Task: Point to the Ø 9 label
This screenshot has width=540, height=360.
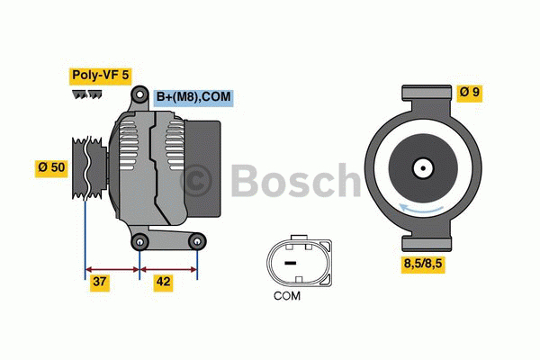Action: click(x=469, y=92)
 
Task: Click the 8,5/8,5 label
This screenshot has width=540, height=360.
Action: click(x=426, y=264)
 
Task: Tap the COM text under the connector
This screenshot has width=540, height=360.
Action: click(x=287, y=295)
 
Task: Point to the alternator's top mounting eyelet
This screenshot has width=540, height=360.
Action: click(x=139, y=95)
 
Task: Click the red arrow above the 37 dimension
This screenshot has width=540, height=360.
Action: click(x=112, y=267)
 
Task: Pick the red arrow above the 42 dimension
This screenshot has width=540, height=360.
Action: click(x=168, y=267)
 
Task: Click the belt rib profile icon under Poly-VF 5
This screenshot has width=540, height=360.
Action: click(x=88, y=94)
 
